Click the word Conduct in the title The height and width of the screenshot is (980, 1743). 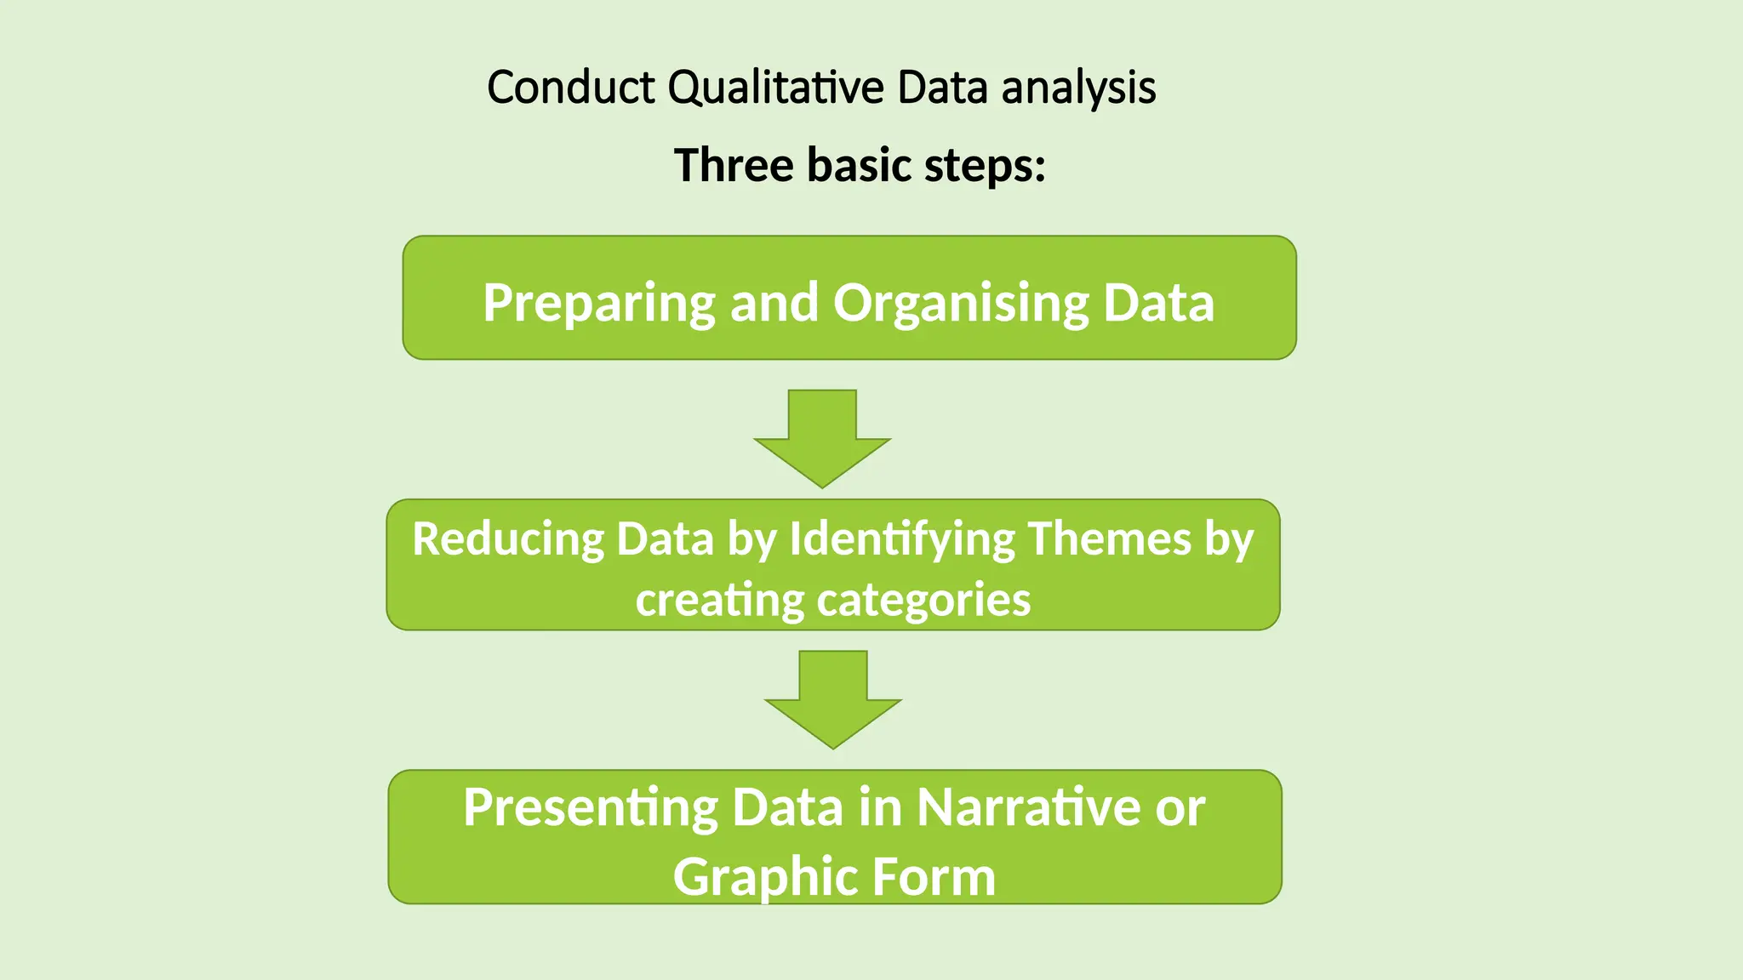[x=571, y=88]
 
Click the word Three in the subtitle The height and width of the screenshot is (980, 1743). [x=733, y=165]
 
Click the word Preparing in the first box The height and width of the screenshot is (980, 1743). [x=598, y=304]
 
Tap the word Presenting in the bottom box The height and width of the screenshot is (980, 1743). [x=591, y=808]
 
